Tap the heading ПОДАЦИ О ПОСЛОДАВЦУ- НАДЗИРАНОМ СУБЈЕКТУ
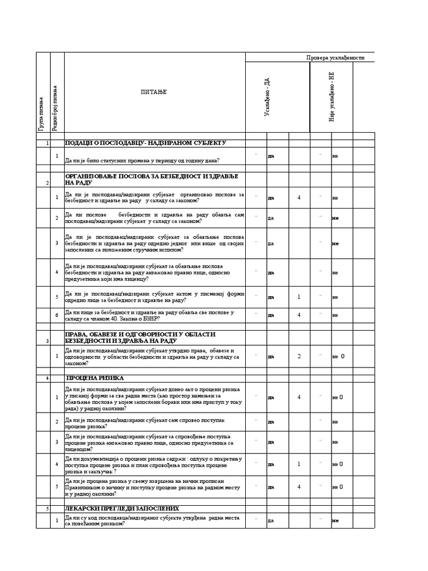coord(145,143)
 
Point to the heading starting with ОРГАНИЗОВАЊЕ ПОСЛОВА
coord(151,179)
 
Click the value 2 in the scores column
coord(299,356)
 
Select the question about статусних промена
coord(142,161)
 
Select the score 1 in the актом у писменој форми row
coord(299,297)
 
